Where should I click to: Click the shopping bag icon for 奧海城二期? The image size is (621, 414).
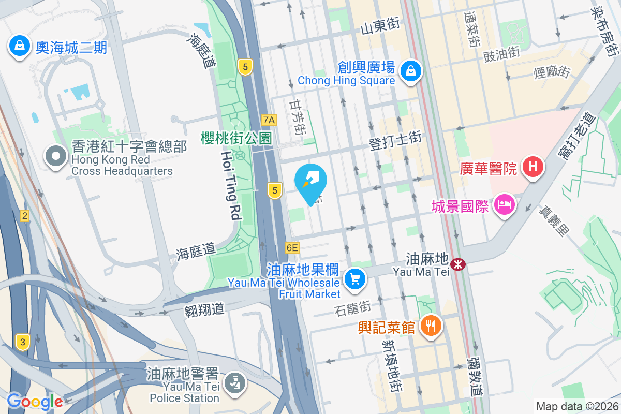[19, 46]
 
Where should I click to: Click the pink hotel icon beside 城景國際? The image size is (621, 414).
[504, 204]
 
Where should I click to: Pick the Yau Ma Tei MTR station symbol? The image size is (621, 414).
[457, 264]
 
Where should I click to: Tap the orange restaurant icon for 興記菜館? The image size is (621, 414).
[429, 326]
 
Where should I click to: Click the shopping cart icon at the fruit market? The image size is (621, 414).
[355, 279]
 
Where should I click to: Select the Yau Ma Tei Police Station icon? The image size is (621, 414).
[235, 383]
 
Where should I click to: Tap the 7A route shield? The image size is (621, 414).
[269, 120]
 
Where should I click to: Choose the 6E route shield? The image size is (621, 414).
[292, 248]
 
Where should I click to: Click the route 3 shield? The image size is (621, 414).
[22, 342]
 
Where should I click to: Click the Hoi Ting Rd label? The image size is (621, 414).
[231, 186]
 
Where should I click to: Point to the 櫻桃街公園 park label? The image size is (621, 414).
[236, 138]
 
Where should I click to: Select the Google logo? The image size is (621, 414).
[34, 401]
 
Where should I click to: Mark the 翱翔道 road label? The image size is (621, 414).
[204, 309]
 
